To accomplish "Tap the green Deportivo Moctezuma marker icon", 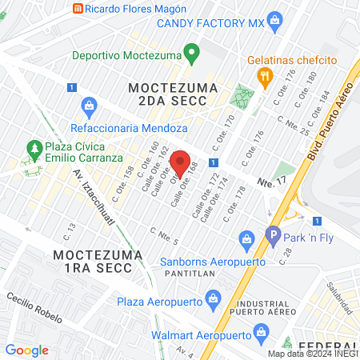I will pyautogui.click(x=190, y=54).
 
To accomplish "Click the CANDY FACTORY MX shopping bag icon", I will pyautogui.click(x=274, y=22).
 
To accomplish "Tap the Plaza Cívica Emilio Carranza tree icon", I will pyautogui.click(x=34, y=149).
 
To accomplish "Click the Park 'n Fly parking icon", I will pyautogui.click(x=273, y=236).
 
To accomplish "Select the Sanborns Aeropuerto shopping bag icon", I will pyautogui.click(x=246, y=238).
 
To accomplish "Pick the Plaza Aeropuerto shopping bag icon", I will pyautogui.click(x=212, y=302).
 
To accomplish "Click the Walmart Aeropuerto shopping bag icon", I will pyautogui.click(x=260, y=331).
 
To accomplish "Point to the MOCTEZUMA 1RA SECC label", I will pyautogui.click(x=98, y=262).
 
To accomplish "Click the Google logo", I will pyautogui.click(x=26, y=350).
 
